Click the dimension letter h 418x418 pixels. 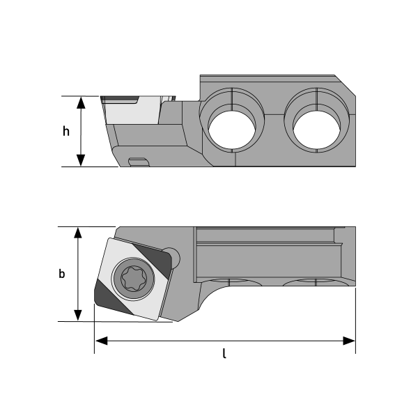coord(66,132)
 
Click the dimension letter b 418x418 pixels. coord(62,274)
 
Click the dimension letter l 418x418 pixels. coord(224,354)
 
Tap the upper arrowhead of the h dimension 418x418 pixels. coord(82,103)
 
